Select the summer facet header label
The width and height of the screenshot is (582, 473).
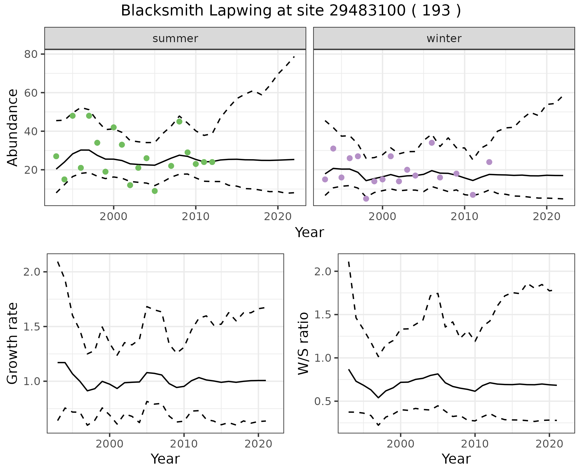point(175,39)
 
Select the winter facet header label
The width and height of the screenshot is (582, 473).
point(444,39)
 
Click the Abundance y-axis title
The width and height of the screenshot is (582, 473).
point(13,127)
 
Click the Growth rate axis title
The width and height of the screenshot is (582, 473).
point(13,343)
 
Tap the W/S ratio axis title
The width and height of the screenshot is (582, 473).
point(303,343)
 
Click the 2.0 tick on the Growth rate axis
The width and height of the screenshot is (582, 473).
point(32,272)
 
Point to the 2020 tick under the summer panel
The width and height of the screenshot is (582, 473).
point(278,217)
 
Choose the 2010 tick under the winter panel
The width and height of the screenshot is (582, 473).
point(464,217)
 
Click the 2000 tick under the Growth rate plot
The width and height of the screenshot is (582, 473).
point(109,444)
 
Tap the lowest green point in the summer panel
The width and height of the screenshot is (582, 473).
point(155,191)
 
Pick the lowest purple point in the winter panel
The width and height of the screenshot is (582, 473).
point(366,199)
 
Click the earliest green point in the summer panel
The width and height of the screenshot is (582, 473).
point(56,156)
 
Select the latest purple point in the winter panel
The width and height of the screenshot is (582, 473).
point(489,162)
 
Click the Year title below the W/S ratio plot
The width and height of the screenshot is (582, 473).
point(456,459)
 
